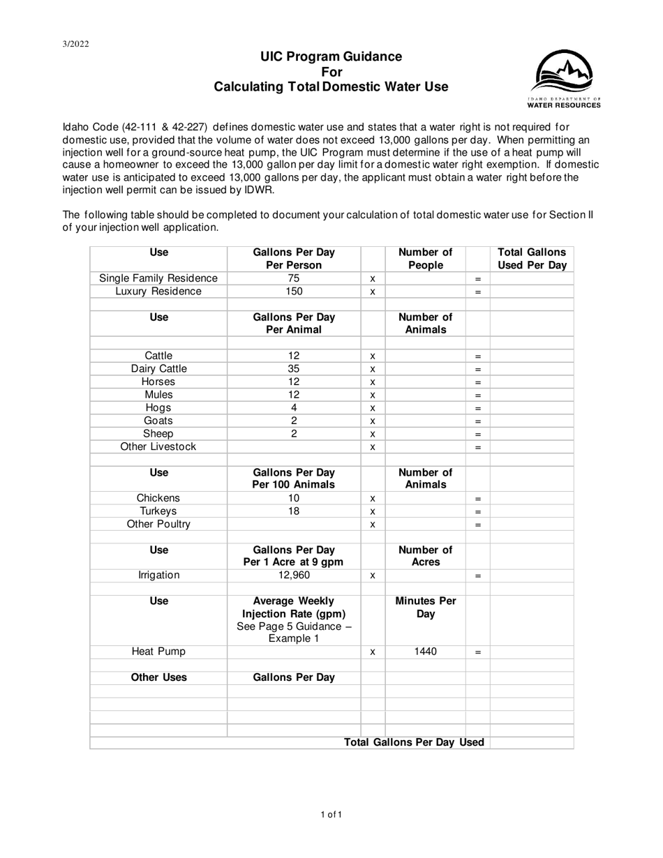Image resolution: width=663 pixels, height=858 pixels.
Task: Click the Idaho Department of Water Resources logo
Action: (565, 79)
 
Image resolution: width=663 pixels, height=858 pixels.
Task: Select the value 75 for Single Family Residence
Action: (294, 278)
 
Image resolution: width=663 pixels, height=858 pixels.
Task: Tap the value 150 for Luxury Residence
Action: (294, 292)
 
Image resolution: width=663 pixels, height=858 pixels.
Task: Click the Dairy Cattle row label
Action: (159, 368)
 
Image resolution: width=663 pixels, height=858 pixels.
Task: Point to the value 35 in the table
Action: (294, 368)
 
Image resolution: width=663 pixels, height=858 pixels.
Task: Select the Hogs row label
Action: (159, 407)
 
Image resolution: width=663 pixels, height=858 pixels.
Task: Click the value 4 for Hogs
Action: (294, 407)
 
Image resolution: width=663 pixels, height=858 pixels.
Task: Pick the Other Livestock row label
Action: (159, 446)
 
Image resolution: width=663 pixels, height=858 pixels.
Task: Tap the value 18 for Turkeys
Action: (294, 511)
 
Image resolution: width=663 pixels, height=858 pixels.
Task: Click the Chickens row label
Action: (159, 498)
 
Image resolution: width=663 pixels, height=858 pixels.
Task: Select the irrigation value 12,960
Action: (294, 575)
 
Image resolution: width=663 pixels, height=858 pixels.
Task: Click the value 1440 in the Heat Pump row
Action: (425, 652)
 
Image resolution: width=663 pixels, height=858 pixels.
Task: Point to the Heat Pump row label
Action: (159, 652)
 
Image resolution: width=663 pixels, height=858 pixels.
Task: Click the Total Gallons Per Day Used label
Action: (414, 742)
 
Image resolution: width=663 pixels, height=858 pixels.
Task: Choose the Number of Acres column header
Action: (425, 556)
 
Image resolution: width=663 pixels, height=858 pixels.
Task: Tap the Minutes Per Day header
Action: (425, 608)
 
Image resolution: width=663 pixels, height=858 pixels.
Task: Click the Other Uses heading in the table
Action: (159, 677)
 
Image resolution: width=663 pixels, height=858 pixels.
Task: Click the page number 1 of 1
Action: (331, 814)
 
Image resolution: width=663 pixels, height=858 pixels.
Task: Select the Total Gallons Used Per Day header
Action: (532, 259)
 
